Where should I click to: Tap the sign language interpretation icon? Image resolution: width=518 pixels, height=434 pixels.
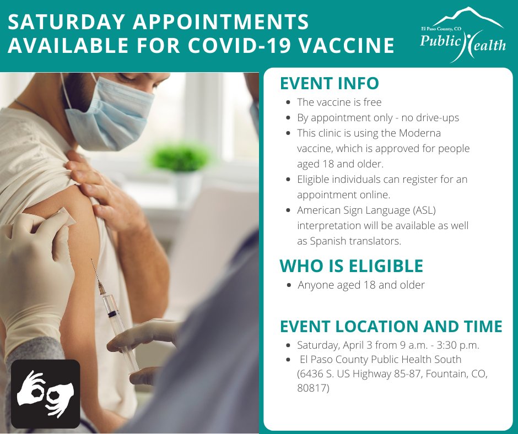click(46, 394)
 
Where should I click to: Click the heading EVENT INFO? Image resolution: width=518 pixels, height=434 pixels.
click(329, 83)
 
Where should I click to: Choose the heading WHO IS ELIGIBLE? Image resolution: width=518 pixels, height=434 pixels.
click(351, 266)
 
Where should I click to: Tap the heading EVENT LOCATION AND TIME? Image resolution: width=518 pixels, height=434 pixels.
click(391, 326)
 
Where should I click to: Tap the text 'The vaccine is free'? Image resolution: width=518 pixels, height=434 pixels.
click(339, 102)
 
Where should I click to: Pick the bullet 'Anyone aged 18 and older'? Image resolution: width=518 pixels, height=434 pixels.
click(361, 285)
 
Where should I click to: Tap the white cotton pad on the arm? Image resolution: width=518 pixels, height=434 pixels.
click(58, 218)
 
